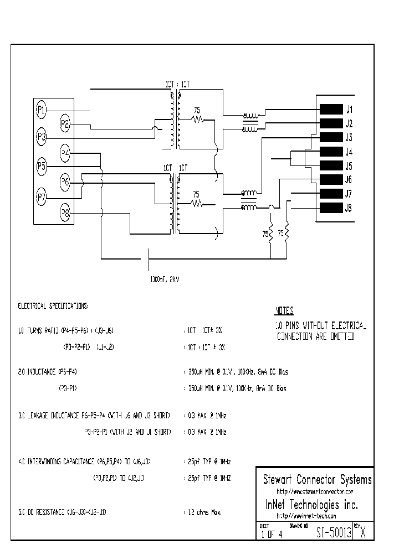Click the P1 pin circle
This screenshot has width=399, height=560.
pyautogui.click(x=42, y=110)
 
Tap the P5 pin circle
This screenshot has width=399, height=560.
pyautogui.click(x=42, y=165)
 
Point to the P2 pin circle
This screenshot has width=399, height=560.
pyautogui.click(x=65, y=124)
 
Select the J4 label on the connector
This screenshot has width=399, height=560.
pyautogui.click(x=349, y=152)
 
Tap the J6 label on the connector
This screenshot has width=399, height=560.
pyautogui.click(x=349, y=180)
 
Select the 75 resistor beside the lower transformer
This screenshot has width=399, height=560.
pyautogui.click(x=197, y=203)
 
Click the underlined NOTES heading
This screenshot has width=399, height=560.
pyautogui.click(x=284, y=311)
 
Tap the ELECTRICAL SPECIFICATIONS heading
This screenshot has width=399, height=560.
pyautogui.click(x=52, y=305)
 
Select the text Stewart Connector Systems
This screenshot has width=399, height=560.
pyautogui.click(x=316, y=480)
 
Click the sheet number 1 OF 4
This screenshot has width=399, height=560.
pyautogui.click(x=272, y=535)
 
